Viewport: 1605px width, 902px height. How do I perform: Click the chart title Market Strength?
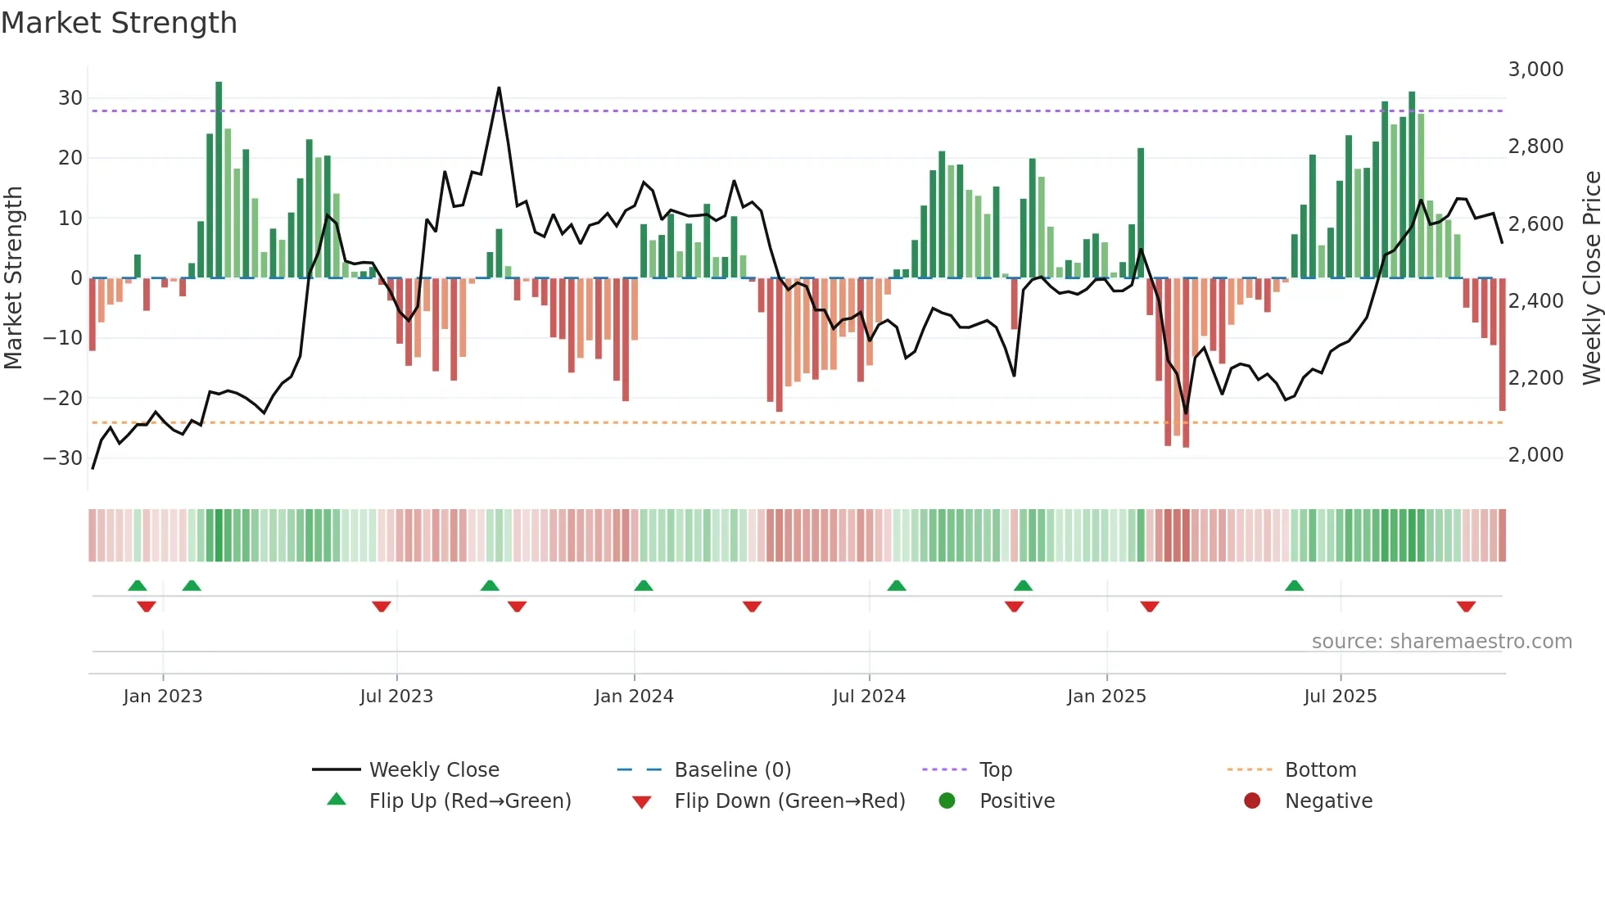(119, 23)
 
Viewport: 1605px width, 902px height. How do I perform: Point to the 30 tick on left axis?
(70, 98)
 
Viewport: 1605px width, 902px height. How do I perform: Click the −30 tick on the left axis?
(63, 458)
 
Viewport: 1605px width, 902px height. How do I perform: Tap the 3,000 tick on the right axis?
(1535, 70)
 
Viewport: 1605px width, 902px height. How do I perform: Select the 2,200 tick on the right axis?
(1535, 378)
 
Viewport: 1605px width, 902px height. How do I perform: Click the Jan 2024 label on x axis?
(634, 697)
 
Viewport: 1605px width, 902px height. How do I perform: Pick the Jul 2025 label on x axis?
(1341, 697)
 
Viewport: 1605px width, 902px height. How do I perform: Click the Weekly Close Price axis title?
(1591, 278)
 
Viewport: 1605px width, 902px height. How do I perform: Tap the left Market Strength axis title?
(14, 278)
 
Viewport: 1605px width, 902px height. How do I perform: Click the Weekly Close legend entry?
(434, 770)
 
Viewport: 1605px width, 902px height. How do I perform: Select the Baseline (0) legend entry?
(732, 770)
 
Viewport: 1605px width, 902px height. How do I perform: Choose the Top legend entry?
(996, 770)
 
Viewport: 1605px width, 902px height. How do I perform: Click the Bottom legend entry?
(1320, 770)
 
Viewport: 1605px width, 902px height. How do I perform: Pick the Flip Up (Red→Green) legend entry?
(470, 801)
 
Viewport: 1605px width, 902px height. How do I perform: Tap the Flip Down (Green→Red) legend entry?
(789, 801)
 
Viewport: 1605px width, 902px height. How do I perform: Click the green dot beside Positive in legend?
(947, 801)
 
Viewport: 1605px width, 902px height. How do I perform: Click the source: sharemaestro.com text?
(1441, 642)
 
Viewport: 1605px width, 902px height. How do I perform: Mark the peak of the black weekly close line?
(499, 88)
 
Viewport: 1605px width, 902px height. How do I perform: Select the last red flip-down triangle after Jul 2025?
(1466, 607)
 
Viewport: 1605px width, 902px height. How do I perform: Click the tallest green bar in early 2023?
(219, 180)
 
